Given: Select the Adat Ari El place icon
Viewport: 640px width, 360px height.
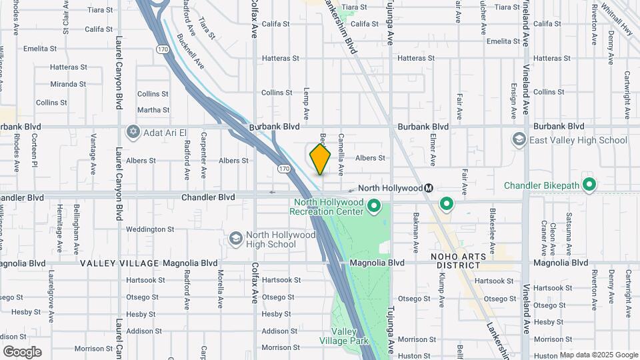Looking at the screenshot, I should pyautogui.click(x=133, y=130).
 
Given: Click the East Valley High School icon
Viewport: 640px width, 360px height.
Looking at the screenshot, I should pyautogui.click(x=519, y=140).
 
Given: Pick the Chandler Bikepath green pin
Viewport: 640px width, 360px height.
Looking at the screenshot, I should pyautogui.click(x=589, y=185).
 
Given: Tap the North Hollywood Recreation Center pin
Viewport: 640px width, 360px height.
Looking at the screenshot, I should pyautogui.click(x=373, y=207).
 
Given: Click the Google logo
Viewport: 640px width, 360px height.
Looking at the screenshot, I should pyautogui.click(x=22, y=352).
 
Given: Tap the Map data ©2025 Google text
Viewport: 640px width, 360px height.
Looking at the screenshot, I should pyautogui.click(x=598, y=355).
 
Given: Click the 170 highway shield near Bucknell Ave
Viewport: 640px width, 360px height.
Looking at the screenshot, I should pyautogui.click(x=163, y=49).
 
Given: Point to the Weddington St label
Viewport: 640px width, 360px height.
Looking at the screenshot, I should pyautogui.click(x=150, y=229).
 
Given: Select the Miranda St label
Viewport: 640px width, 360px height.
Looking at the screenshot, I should pyautogui.click(x=68, y=85).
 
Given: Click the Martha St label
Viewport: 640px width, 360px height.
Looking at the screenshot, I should pyautogui.click(x=153, y=110).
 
